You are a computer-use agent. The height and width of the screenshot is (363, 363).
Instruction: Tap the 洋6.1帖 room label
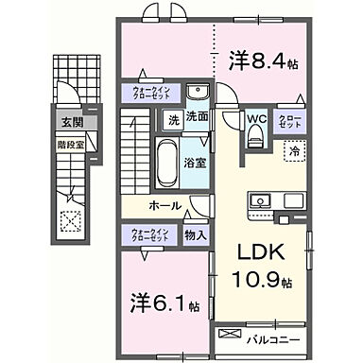click(164, 304)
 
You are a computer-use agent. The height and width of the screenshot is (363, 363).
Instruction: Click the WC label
click(254, 119)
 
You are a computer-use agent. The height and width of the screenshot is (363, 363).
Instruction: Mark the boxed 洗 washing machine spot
click(173, 120)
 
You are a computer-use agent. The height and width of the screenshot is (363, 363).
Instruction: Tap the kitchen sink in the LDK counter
click(260, 199)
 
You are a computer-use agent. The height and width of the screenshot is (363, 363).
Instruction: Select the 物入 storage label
click(197, 234)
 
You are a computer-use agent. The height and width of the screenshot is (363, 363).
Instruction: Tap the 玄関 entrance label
click(73, 122)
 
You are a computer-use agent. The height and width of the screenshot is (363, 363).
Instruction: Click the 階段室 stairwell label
click(72, 147)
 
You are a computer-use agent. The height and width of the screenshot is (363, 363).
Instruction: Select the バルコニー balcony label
click(274, 336)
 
